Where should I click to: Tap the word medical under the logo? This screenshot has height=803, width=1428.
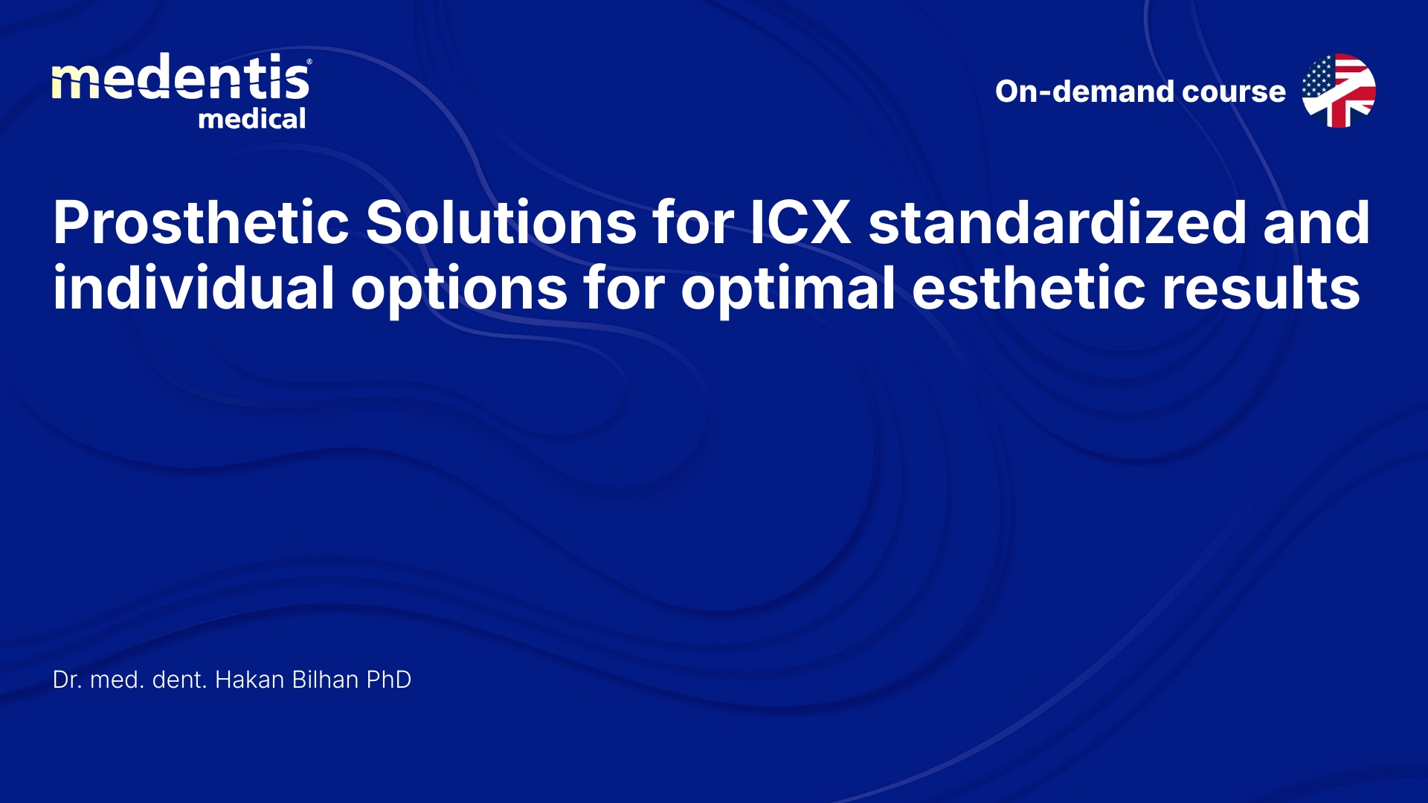tap(252, 119)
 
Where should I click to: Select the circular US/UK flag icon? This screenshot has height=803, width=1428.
tap(1339, 91)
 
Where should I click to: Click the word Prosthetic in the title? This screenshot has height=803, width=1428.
tap(201, 222)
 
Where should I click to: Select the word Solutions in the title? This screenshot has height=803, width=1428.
tap(501, 222)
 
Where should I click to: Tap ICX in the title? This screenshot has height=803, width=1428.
tap(800, 222)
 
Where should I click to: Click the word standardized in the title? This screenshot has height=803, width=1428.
tap(1057, 222)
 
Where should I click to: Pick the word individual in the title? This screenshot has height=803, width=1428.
tap(193, 288)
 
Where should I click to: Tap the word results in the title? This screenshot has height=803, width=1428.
tap(1261, 288)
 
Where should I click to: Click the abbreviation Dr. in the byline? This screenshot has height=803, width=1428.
tap(67, 680)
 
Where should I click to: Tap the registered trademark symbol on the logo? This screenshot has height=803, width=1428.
tap(309, 62)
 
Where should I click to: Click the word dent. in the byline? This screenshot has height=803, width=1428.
tap(179, 680)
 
